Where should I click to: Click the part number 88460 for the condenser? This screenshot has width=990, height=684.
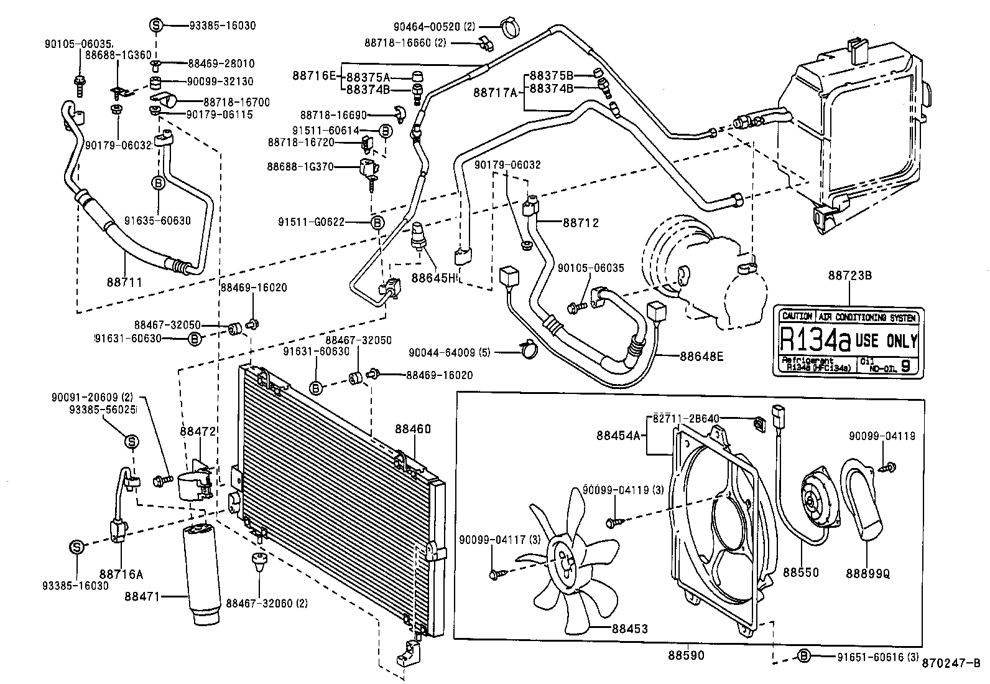click(x=412, y=429)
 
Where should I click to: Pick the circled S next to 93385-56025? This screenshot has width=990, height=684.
click(x=132, y=442)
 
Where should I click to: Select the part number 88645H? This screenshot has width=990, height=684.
click(x=433, y=277)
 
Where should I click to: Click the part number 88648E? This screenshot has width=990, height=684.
click(x=702, y=357)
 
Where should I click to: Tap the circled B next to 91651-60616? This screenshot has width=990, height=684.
click(x=803, y=655)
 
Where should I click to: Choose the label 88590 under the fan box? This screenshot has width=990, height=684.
click(x=686, y=655)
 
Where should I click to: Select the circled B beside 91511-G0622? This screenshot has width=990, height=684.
click(x=377, y=222)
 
